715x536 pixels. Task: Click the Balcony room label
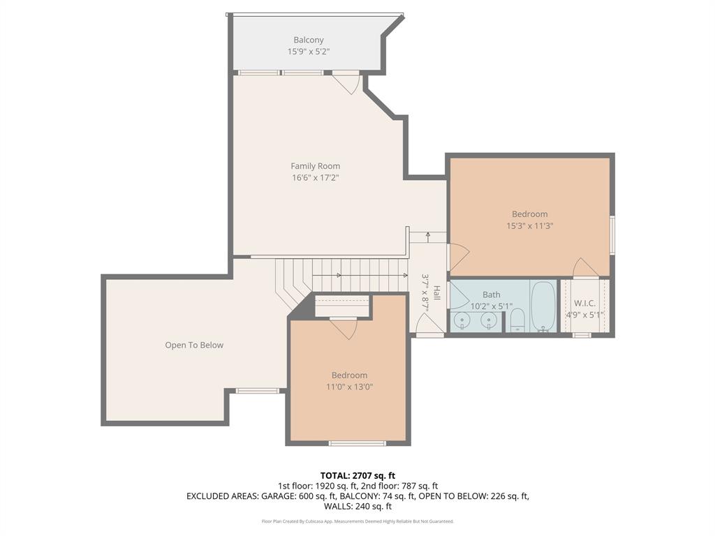(x=308, y=40)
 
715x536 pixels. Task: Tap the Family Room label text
(x=316, y=166)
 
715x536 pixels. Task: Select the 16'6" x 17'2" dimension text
(x=316, y=178)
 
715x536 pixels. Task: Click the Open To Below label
(x=194, y=345)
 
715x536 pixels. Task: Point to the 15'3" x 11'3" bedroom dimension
(x=530, y=225)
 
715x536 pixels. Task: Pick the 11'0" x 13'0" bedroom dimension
(x=350, y=387)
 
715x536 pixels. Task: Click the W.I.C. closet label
(x=584, y=304)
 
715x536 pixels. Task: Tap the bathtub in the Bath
(x=543, y=306)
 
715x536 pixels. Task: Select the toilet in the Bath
(x=517, y=320)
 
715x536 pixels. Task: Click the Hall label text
(x=437, y=292)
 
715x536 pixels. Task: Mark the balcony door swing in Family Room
(x=348, y=84)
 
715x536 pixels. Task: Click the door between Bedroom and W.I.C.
(x=586, y=267)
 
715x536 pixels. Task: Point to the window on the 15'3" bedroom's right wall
(x=612, y=234)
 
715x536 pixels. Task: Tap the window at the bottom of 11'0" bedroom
(x=357, y=443)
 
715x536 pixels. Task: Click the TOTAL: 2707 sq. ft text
(x=357, y=476)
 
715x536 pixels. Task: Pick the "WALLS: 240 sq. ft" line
(x=357, y=507)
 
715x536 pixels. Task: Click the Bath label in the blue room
(x=491, y=295)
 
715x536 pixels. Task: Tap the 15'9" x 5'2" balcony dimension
(x=308, y=52)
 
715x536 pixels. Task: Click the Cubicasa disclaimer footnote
(x=357, y=521)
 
